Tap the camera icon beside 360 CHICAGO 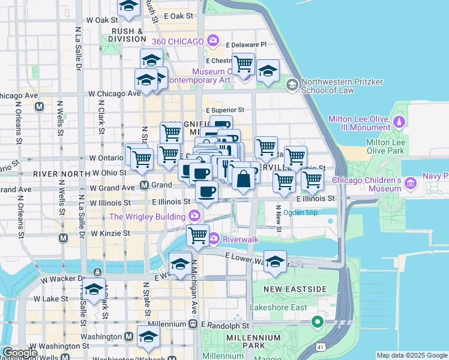point(212,41)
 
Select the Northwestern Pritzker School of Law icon point(292,85)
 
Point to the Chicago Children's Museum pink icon point(411,182)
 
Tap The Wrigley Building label point(148,216)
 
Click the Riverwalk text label point(240,239)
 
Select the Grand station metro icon point(145,185)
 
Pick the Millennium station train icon point(193,324)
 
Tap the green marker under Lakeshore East point(316,323)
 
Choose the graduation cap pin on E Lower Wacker point(275,261)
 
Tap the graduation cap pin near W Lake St point(94,289)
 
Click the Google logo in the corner point(19,353)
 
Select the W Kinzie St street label point(110,232)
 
